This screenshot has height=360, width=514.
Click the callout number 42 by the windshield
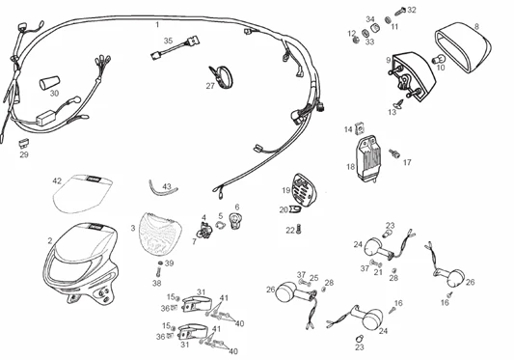pyautogui.click(x=57, y=180)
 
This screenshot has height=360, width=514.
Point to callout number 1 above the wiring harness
pyautogui.click(x=158, y=22)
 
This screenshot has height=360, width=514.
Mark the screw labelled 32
pyautogui.click(x=398, y=11)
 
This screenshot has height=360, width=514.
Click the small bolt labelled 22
pyautogui.click(x=302, y=228)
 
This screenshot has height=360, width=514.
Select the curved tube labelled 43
pyautogui.click(x=158, y=188)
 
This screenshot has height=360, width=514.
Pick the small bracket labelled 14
pyautogui.click(x=361, y=126)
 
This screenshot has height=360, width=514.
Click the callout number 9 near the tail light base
pyautogui.click(x=388, y=60)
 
